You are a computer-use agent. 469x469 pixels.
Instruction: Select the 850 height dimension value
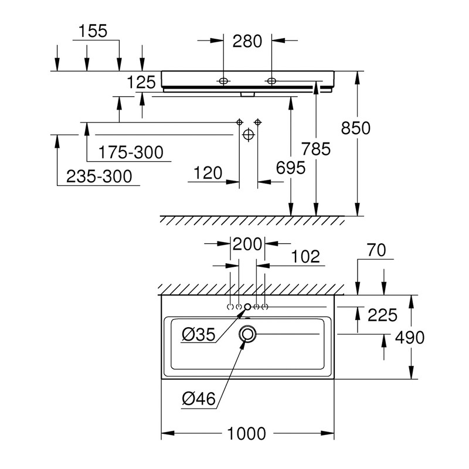click(356, 128)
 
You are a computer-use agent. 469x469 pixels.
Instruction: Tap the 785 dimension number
click(317, 149)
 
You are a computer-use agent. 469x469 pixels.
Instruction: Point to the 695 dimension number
click(291, 168)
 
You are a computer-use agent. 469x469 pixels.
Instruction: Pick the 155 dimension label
click(94, 31)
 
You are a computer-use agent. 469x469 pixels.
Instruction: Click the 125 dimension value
click(141, 82)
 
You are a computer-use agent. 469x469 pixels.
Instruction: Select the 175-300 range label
click(131, 153)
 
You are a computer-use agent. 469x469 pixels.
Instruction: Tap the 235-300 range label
click(98, 176)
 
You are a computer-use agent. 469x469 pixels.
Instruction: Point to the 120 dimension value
click(208, 173)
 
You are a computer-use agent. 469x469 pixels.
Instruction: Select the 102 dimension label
click(306, 256)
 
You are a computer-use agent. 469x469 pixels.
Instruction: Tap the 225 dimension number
click(382, 315)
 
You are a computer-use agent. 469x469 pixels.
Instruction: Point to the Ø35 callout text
click(199, 335)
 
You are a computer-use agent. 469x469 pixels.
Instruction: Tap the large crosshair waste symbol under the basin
click(248, 135)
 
